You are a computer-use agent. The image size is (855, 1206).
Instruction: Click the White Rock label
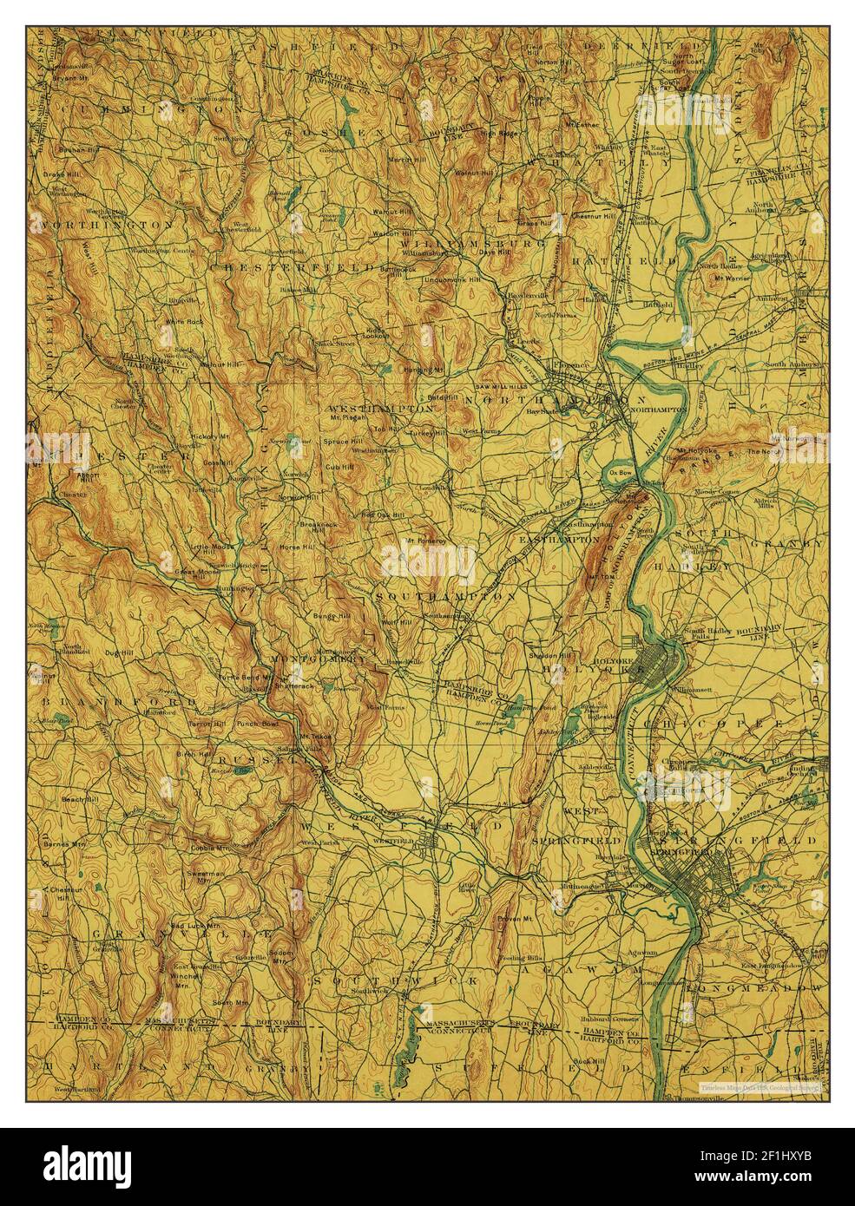pos(183,322)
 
